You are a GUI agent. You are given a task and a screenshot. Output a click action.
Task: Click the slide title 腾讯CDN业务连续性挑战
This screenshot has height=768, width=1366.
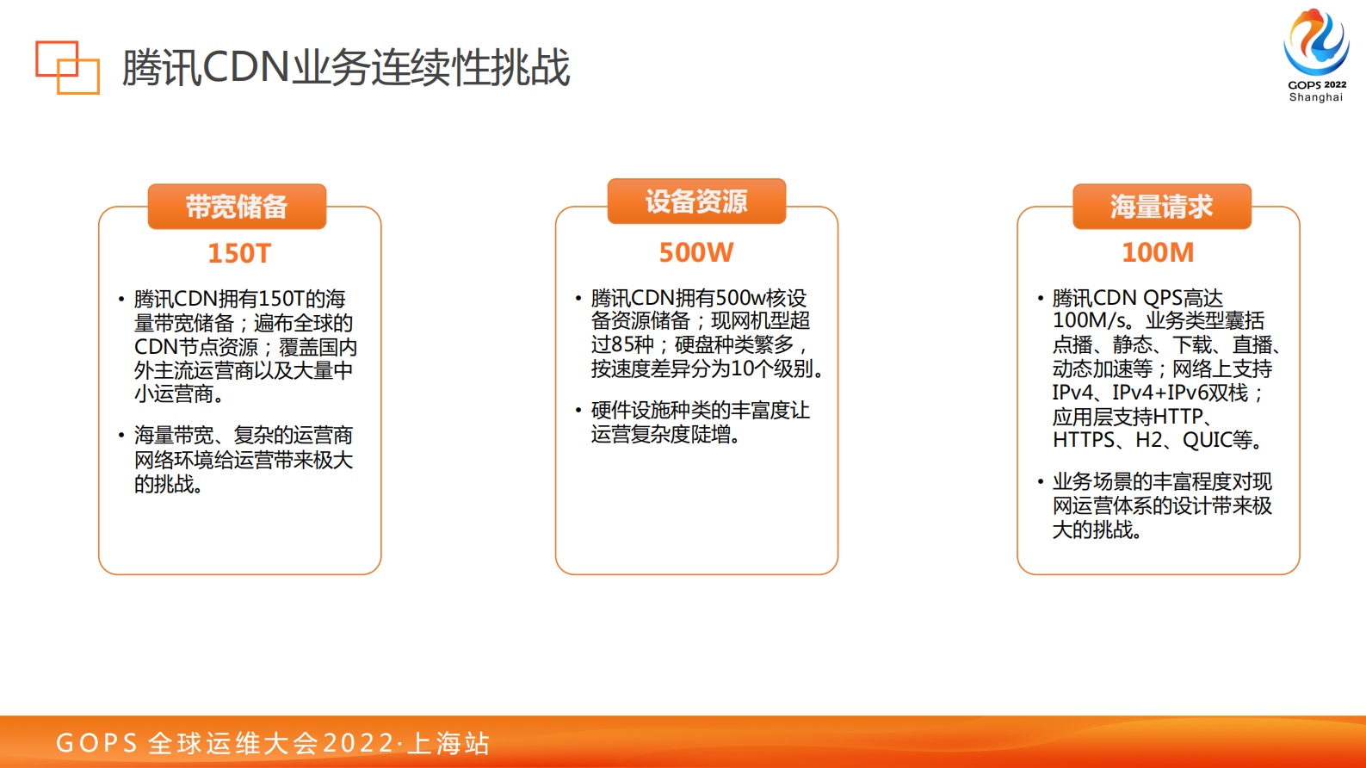(x=345, y=68)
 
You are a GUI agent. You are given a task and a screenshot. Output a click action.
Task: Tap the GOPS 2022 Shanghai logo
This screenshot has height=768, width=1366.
(x=1316, y=54)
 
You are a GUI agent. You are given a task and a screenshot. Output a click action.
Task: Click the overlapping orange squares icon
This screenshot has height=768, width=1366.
(x=67, y=66)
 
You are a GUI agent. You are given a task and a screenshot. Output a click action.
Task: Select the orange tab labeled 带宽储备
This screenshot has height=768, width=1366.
(x=237, y=207)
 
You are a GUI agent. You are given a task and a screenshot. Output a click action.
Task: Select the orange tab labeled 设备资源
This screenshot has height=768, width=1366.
(x=696, y=201)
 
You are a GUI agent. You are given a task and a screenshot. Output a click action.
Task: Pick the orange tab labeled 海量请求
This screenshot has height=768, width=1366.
(x=1161, y=207)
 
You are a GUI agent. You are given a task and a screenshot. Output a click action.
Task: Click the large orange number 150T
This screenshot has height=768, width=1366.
(x=239, y=253)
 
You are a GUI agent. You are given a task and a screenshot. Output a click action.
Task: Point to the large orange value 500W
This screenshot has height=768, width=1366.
(x=696, y=252)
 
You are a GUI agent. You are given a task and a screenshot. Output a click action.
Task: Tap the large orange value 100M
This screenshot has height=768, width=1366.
(x=1158, y=252)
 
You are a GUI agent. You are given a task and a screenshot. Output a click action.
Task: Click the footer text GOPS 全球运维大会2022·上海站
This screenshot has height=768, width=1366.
(x=273, y=742)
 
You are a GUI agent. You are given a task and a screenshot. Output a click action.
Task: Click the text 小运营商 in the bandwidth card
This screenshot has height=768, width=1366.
(x=173, y=394)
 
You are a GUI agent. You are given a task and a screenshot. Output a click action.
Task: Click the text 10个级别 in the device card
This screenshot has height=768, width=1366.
(x=770, y=369)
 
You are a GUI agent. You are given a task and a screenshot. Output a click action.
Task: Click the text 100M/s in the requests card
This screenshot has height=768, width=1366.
(x=1090, y=320)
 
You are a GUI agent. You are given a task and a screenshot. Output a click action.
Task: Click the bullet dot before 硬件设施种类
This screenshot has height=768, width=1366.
(x=578, y=410)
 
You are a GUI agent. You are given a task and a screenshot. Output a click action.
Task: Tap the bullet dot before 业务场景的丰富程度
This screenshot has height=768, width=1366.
(x=1040, y=481)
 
